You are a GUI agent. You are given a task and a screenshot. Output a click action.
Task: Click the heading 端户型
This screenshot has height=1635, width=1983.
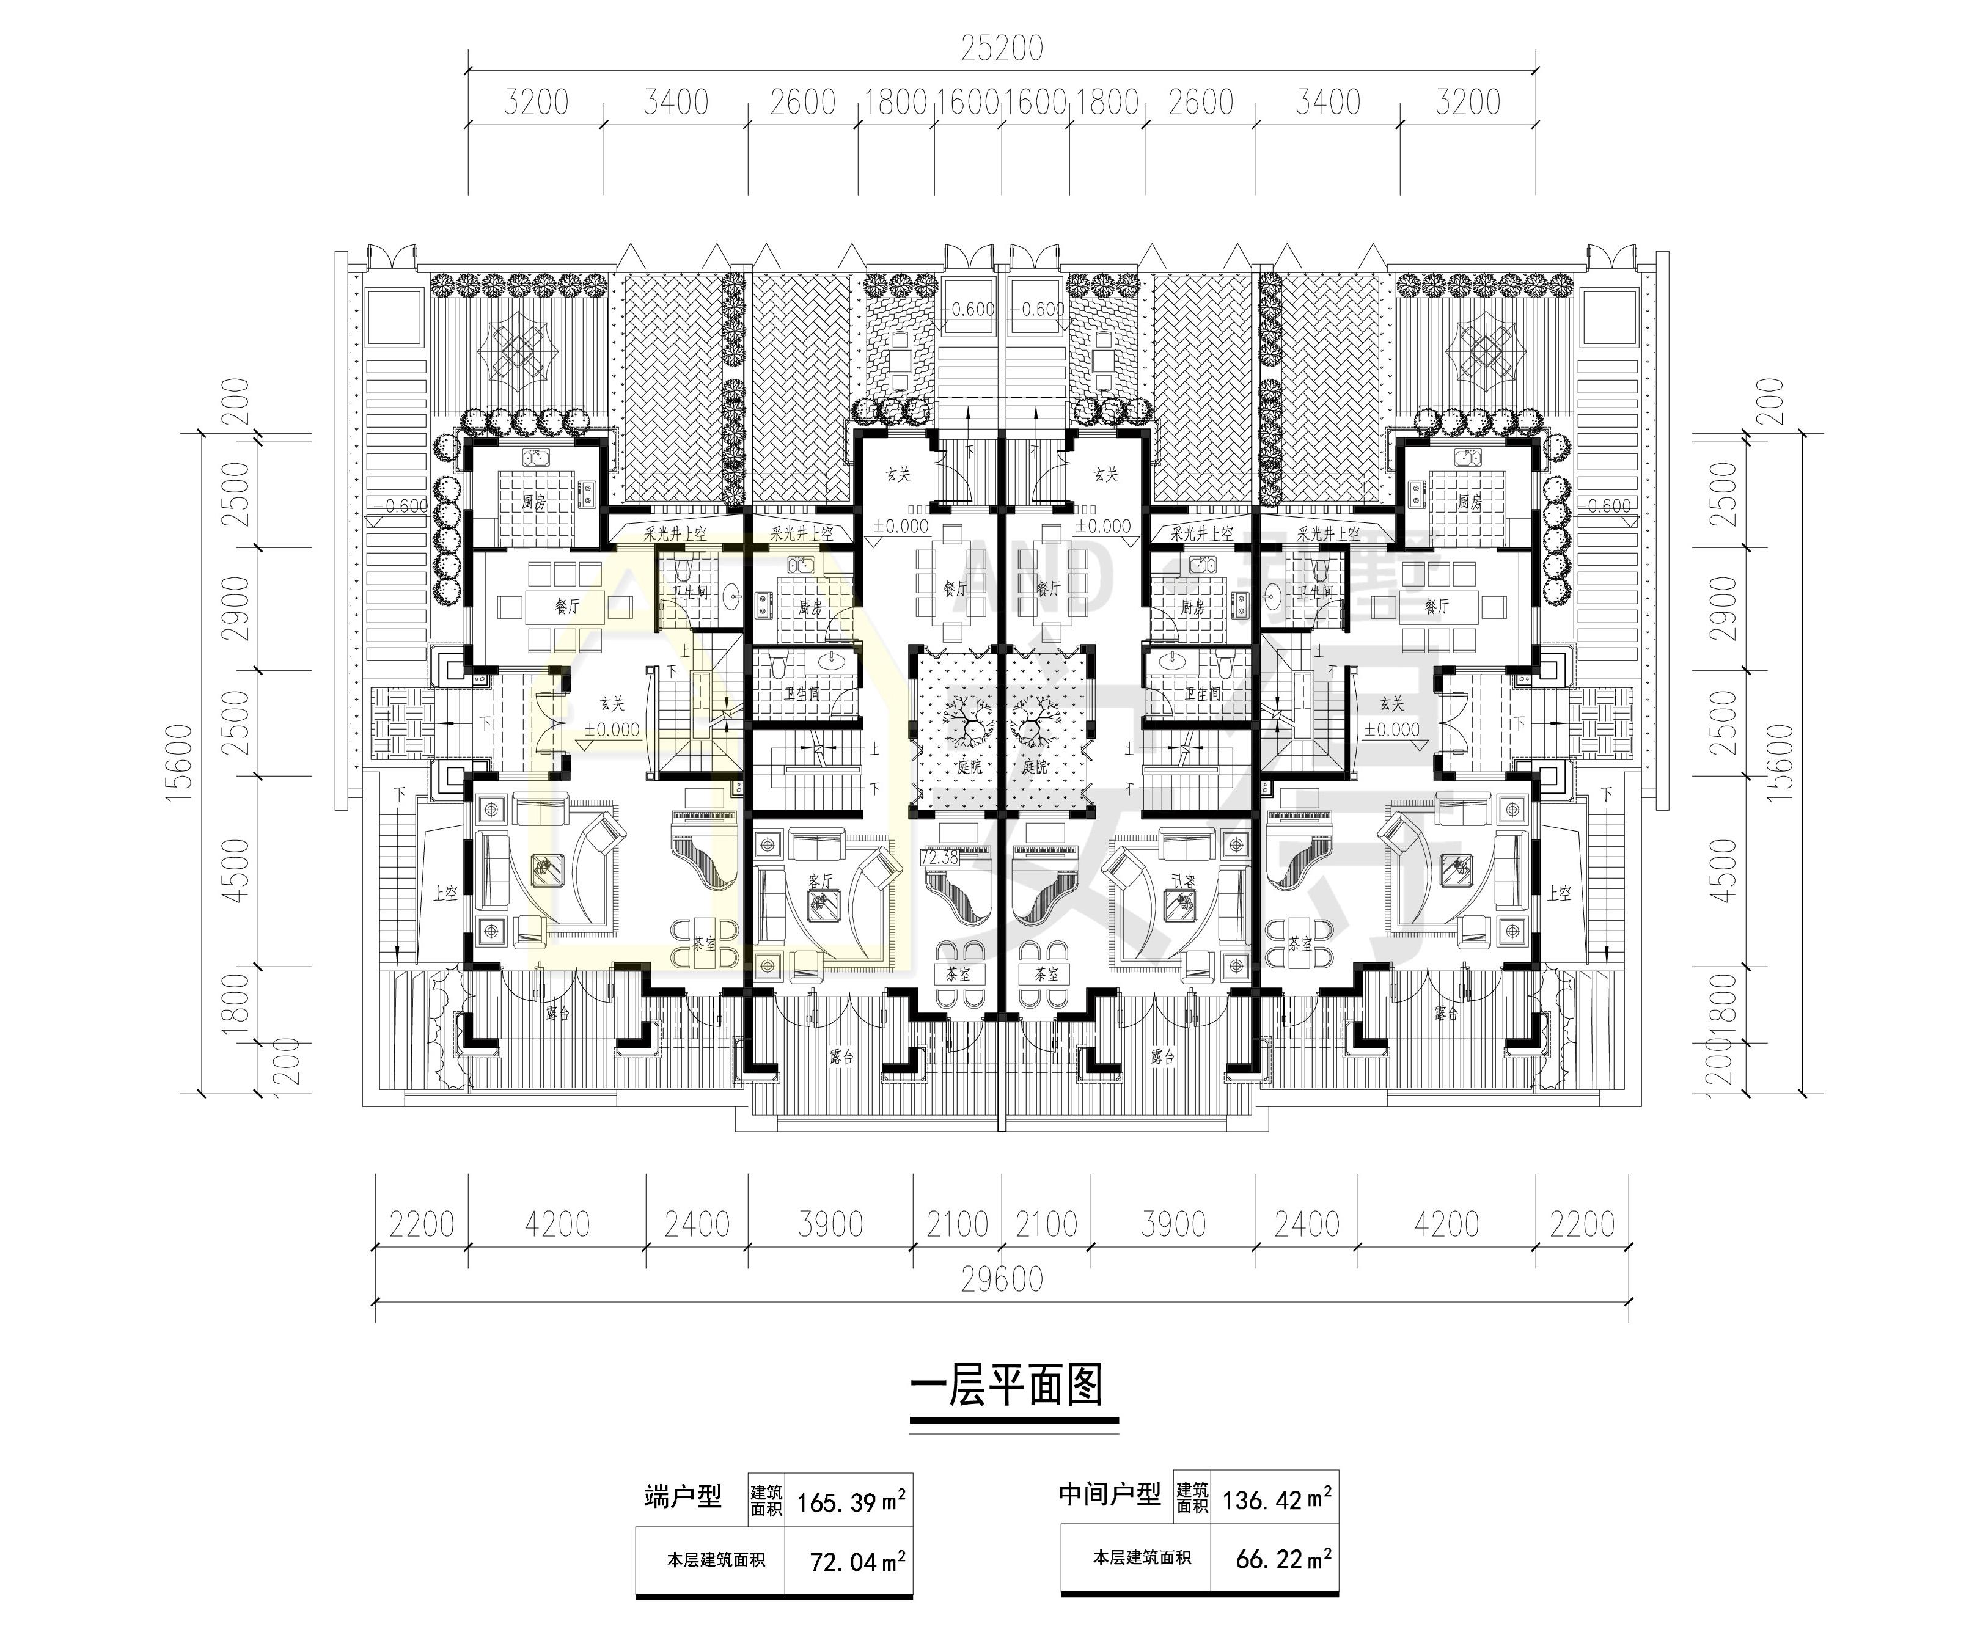point(683,1496)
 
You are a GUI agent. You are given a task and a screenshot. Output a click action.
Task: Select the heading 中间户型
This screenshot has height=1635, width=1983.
point(1109,1494)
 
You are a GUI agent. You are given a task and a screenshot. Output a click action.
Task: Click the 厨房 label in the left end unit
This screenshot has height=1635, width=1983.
point(534,503)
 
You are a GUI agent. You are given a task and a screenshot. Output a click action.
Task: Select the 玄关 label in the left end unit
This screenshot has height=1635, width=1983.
point(611,703)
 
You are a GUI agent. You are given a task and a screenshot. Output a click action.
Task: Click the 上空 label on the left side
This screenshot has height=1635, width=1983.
point(445,893)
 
